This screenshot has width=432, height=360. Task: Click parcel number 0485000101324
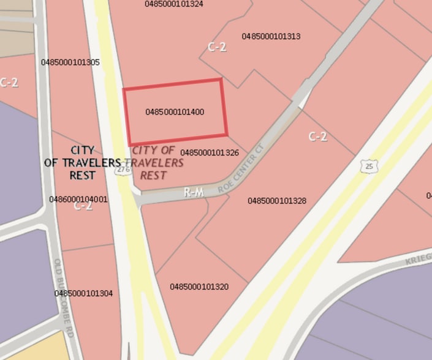174,4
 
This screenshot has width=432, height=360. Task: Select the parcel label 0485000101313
271,36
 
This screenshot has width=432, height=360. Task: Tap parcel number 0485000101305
70,62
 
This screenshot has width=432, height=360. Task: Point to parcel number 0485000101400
175,112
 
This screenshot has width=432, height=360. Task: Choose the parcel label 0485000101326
210,152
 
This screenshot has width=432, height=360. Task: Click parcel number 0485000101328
277,201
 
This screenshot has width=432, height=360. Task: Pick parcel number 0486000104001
78,199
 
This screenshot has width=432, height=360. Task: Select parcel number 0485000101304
83,293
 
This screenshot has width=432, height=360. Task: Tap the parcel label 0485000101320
199,287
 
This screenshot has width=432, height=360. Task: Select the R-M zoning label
194,193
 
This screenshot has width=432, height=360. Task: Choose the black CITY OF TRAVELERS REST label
83,162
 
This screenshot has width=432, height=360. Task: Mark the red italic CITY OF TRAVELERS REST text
157,162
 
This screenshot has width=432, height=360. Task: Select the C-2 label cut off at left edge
9,83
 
